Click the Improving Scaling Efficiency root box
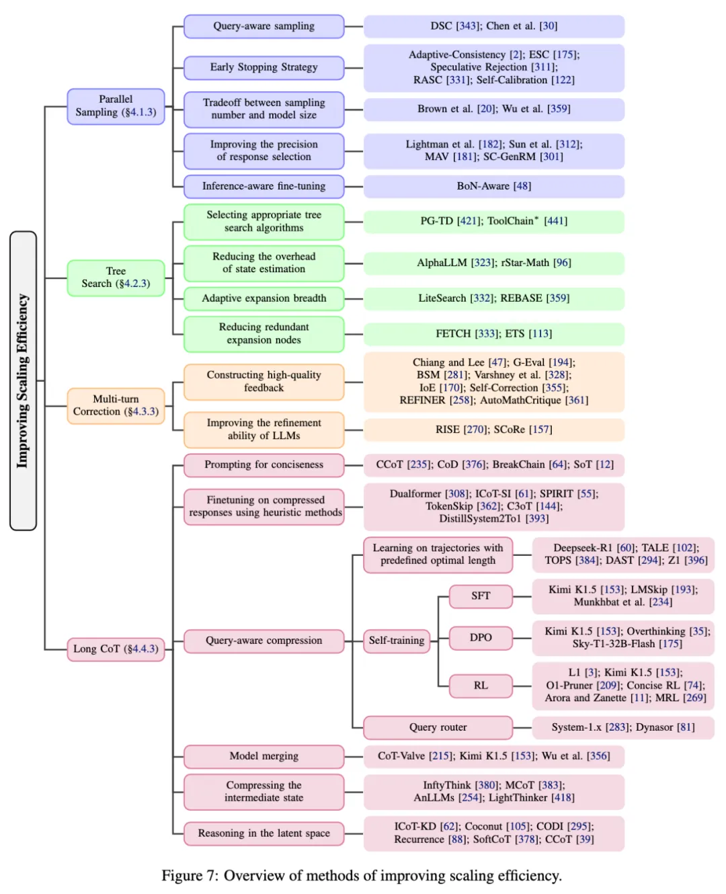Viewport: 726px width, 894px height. (x=23, y=380)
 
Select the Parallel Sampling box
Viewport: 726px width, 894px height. (x=116, y=106)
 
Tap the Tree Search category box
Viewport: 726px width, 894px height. (x=116, y=278)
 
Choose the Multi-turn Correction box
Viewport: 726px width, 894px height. (x=116, y=406)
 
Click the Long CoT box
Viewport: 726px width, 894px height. (x=116, y=649)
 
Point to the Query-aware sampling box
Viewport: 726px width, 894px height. (x=264, y=26)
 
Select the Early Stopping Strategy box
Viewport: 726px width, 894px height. (x=264, y=68)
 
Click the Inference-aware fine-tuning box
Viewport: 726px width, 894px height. (x=264, y=186)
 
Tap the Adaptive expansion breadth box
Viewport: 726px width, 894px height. (x=264, y=298)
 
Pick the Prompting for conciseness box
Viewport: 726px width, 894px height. (x=264, y=465)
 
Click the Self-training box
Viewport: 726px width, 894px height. (x=397, y=641)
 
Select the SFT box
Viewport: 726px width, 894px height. (x=481, y=596)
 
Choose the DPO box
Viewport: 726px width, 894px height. (x=481, y=638)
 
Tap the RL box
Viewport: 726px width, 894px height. (x=481, y=686)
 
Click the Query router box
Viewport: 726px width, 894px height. (x=438, y=727)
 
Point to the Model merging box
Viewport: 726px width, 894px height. (x=264, y=756)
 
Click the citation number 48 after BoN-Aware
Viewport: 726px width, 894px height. (x=522, y=186)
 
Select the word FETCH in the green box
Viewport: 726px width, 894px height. (x=453, y=333)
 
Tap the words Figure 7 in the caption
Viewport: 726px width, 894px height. (x=188, y=876)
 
